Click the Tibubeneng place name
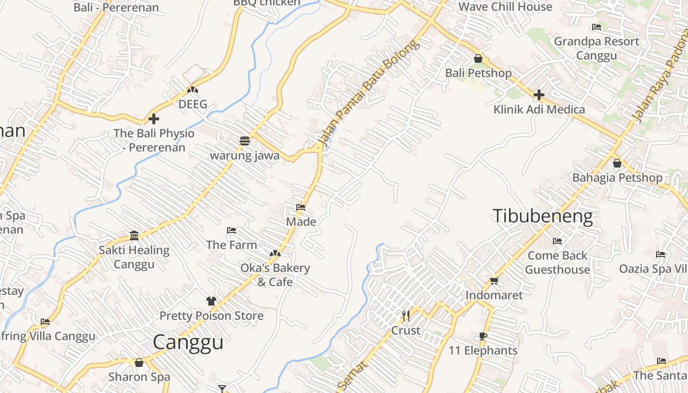(x=543, y=216)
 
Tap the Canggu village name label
(x=188, y=342)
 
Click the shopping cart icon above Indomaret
(x=494, y=281)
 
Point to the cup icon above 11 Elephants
(x=483, y=336)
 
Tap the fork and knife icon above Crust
(x=406, y=315)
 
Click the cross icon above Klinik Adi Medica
(x=539, y=95)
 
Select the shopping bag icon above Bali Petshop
(x=478, y=59)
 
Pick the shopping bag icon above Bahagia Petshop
(x=617, y=163)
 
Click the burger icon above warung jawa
(x=245, y=141)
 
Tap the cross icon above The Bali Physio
(x=154, y=119)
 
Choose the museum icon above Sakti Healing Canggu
(x=134, y=236)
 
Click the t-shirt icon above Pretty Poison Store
(x=211, y=301)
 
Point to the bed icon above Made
(x=301, y=207)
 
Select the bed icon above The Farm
(x=231, y=230)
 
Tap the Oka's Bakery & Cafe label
(x=275, y=275)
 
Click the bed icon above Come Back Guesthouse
(x=557, y=241)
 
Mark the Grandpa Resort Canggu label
(x=597, y=48)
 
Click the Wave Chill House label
(x=505, y=7)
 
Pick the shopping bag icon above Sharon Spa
(x=139, y=363)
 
